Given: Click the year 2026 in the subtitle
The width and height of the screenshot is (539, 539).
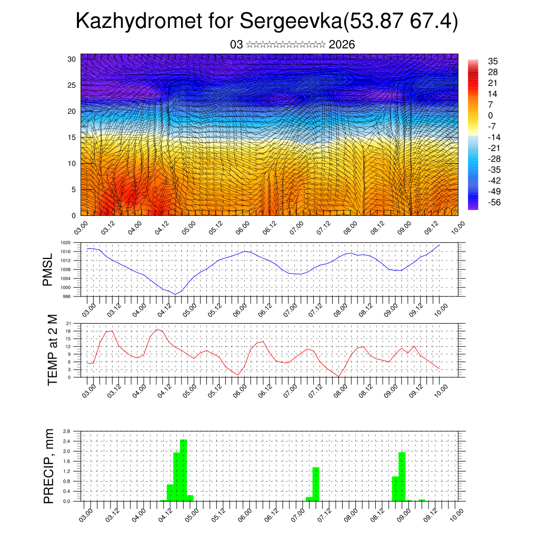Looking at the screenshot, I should click(x=342, y=45).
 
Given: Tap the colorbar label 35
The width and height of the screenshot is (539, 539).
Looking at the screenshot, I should click(x=493, y=62).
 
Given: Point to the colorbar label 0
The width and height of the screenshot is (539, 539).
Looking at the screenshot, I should click(x=491, y=116).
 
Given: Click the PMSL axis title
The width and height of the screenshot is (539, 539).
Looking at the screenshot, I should click(x=48, y=269).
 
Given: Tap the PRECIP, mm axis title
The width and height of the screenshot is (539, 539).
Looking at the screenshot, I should click(x=49, y=466).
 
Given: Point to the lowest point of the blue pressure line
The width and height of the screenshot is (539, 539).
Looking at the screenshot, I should click(x=175, y=294).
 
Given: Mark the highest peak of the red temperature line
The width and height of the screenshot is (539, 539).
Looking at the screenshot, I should click(x=157, y=329).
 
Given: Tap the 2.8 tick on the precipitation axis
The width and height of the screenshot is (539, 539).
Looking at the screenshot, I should click(x=67, y=431).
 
